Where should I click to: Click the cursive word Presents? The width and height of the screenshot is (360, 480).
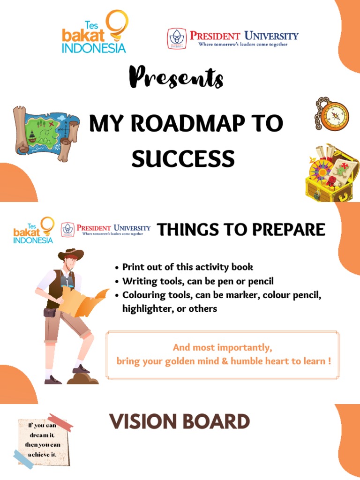click(x=176, y=77)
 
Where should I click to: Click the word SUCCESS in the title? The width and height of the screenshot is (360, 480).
click(x=183, y=158)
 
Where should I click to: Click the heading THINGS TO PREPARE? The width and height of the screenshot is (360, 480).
click(x=241, y=230)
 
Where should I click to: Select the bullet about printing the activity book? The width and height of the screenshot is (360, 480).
click(x=187, y=267)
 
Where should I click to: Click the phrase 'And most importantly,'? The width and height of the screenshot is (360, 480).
click(x=222, y=348)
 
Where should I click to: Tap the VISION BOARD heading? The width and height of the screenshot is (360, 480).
click(x=180, y=422)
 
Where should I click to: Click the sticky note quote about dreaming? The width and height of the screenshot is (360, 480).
click(x=42, y=441)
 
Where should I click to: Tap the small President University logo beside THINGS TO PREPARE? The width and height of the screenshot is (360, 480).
click(x=106, y=229)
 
